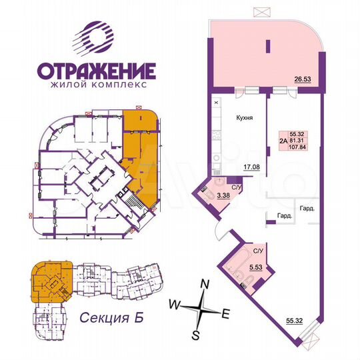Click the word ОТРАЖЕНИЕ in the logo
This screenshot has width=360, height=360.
coord(96,71)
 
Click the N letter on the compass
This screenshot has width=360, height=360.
coord(206,285)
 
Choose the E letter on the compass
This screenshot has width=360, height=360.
coord(226,311)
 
